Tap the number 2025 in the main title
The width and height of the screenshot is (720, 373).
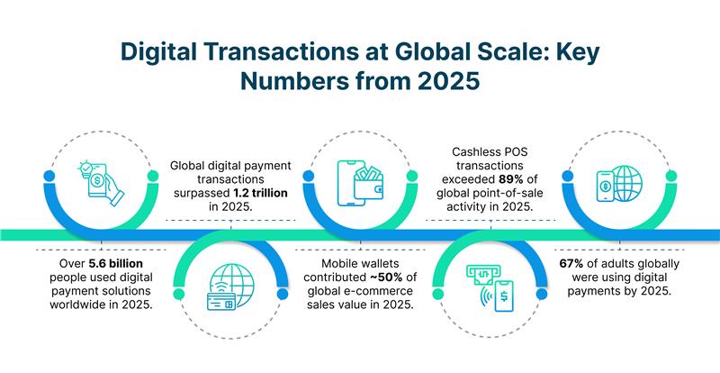click(449, 81)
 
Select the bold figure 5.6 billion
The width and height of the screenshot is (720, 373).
click(116, 264)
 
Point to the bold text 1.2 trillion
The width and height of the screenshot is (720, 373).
click(259, 193)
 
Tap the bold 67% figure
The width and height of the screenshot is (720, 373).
click(571, 264)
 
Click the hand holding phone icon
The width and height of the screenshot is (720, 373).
click(101, 184)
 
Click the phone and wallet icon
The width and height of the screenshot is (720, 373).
click(360, 183)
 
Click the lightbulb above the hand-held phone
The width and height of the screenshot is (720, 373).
click(85, 167)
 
